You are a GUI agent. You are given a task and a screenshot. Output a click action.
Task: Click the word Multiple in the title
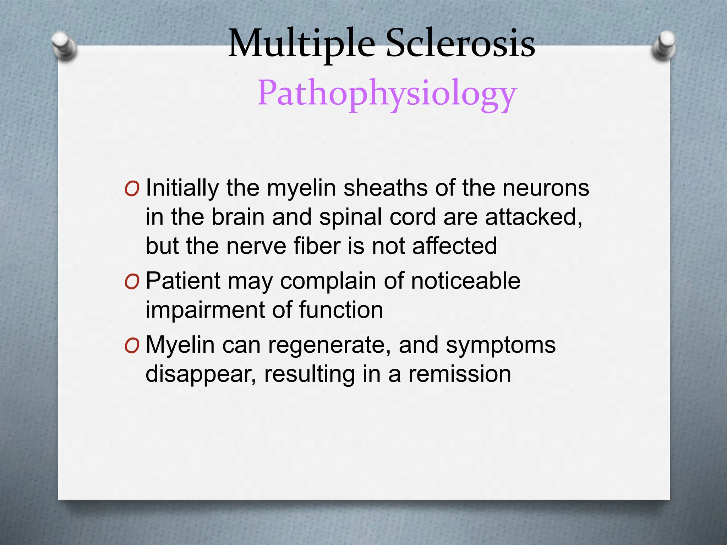[x=301, y=44]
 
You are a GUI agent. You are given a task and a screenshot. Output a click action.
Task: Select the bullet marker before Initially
[x=132, y=189]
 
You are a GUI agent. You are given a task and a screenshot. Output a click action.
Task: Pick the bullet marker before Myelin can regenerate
[x=132, y=346]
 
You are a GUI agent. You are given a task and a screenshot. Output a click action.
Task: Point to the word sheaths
[x=386, y=188]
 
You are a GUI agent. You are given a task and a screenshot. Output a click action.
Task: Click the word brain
[x=238, y=217]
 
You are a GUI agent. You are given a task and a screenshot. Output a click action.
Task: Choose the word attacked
[x=534, y=217]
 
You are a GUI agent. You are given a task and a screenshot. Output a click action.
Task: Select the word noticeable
[x=466, y=281]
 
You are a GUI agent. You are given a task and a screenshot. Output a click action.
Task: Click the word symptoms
[x=501, y=346]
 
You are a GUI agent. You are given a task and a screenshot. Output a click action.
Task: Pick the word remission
[x=460, y=374]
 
